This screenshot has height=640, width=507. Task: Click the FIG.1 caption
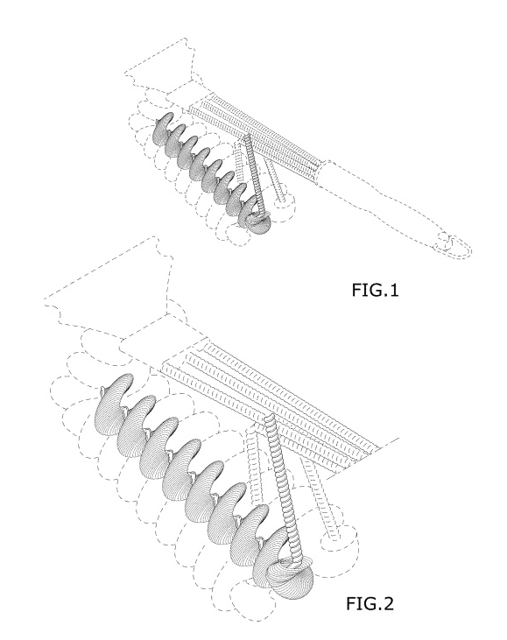pyautogui.click(x=375, y=290)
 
